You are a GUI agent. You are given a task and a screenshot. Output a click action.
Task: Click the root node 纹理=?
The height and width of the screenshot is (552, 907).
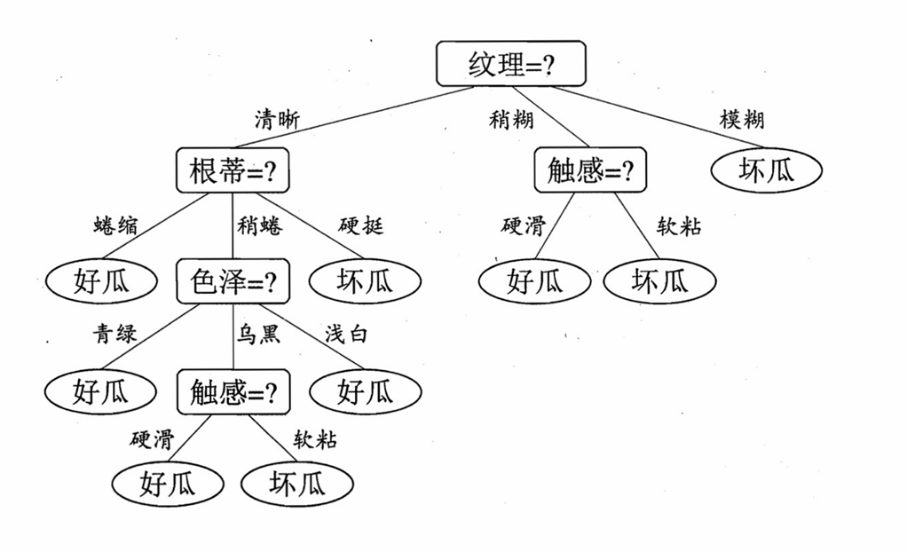(x=511, y=64)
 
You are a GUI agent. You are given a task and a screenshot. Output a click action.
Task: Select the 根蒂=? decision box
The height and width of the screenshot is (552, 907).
(x=233, y=170)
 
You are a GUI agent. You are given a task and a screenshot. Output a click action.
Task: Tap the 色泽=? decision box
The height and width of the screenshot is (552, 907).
(x=233, y=281)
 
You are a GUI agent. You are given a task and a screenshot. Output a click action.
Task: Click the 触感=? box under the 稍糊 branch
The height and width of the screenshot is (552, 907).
(x=590, y=170)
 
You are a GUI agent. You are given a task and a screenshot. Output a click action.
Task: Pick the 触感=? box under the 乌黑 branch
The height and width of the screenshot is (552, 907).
(x=233, y=391)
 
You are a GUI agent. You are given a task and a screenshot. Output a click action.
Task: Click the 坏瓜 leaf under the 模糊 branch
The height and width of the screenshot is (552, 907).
(x=766, y=170)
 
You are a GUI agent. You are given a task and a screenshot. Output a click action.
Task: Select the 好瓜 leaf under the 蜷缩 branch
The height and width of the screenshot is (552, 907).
(x=101, y=281)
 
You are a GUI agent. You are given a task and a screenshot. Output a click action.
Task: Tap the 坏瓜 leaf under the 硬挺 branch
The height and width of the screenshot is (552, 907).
(x=365, y=281)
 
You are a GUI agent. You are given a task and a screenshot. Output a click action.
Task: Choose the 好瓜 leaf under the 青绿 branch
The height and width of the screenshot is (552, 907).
(x=101, y=390)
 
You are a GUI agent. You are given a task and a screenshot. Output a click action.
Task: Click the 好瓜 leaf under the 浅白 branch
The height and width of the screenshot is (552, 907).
(x=365, y=390)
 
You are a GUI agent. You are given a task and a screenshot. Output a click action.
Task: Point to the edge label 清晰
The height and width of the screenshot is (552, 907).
(x=277, y=120)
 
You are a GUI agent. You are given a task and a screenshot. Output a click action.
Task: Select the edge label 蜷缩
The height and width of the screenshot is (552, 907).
(x=115, y=225)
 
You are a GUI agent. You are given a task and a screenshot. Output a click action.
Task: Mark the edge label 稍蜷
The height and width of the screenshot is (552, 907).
(x=259, y=225)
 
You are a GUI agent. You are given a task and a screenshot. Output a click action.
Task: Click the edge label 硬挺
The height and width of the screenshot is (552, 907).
(x=361, y=225)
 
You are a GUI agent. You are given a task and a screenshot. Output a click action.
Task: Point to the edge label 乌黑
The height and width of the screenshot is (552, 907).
(x=258, y=335)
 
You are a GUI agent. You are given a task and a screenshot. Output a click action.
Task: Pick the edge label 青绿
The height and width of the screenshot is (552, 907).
(x=115, y=335)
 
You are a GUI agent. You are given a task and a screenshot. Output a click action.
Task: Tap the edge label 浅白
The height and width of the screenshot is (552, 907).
(x=346, y=335)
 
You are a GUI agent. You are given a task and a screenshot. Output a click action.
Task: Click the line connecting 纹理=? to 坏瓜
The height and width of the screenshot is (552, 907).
(x=657, y=117)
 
